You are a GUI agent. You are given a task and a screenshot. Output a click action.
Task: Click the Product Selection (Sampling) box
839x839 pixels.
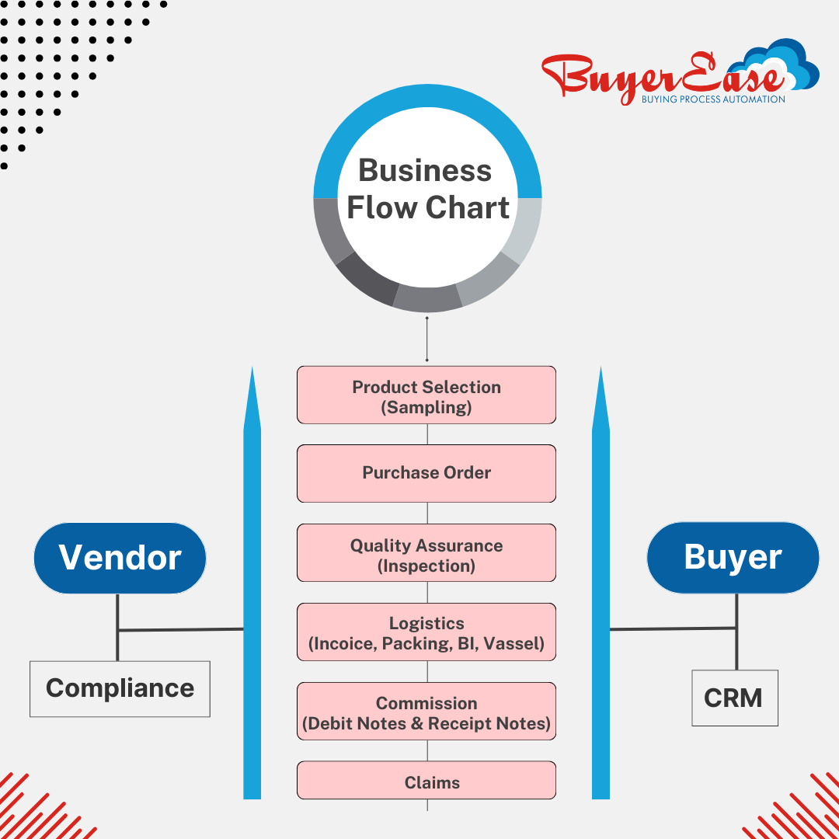(426, 395)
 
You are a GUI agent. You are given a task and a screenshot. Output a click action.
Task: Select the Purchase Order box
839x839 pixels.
(426, 473)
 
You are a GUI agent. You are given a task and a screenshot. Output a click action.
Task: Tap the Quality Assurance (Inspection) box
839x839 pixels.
(426, 553)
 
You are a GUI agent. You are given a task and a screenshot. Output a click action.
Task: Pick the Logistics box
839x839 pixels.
(426, 632)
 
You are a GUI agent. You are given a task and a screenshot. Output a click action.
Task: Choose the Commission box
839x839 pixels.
(426, 712)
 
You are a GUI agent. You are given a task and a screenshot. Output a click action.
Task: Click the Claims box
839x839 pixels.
(426, 781)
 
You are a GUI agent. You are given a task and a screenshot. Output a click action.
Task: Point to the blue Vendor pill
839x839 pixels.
(120, 558)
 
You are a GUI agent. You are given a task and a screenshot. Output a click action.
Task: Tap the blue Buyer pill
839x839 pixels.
(733, 557)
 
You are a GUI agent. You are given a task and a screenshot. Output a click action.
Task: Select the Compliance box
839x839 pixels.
(120, 688)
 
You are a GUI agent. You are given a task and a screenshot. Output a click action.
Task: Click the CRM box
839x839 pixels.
(734, 698)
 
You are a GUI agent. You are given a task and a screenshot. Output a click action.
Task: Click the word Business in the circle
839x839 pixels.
(425, 171)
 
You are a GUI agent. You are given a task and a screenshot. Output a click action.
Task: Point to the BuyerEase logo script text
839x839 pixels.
(653, 78)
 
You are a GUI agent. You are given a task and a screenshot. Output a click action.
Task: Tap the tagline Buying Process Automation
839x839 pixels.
(712, 99)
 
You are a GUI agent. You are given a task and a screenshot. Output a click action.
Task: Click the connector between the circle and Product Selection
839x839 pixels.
(426, 339)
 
